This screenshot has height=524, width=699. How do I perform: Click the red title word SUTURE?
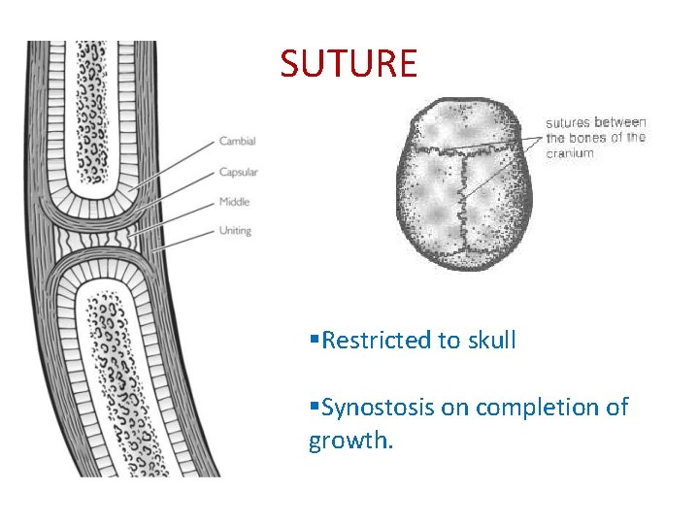(349, 64)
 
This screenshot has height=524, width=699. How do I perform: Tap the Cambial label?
(237, 142)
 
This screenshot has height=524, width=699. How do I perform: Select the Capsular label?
(239, 172)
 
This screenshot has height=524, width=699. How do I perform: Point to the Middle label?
(234, 202)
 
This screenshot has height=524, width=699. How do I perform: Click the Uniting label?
(235, 231)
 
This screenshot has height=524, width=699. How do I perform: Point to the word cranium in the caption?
(569, 152)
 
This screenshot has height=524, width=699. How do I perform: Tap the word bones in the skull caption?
(590, 137)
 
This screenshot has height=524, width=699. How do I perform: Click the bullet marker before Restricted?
(313, 341)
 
